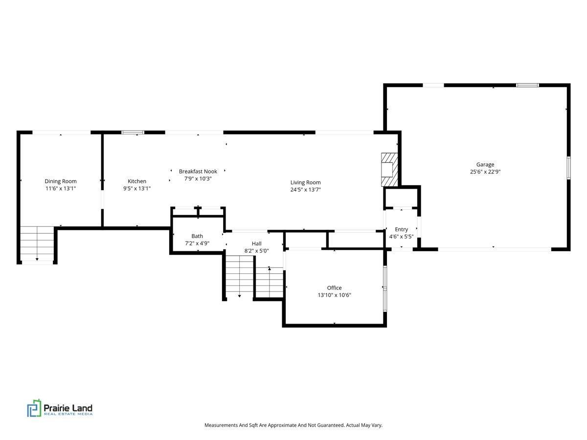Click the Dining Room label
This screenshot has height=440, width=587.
pyautogui.click(x=61, y=181)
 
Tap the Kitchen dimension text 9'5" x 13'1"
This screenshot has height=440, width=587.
pyautogui.click(x=137, y=188)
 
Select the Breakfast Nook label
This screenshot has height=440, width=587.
pyautogui.click(x=198, y=172)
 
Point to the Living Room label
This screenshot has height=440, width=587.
pyautogui.click(x=305, y=183)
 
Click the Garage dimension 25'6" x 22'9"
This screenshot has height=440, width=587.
pyautogui.click(x=485, y=172)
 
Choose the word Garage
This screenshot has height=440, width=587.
pyautogui.click(x=485, y=165)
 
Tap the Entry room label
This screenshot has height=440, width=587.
pyautogui.click(x=401, y=229)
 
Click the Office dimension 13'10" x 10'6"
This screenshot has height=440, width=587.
pyautogui.click(x=334, y=295)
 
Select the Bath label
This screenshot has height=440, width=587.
pyautogui.click(x=197, y=236)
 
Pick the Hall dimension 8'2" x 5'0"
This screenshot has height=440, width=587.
pyautogui.click(x=256, y=251)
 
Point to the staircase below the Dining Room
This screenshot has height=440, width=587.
pyautogui.click(x=37, y=244)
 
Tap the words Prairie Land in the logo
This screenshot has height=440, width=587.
pyautogui.click(x=68, y=407)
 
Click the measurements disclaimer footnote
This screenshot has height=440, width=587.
pyautogui.click(x=293, y=425)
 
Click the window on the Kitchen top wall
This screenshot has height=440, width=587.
pyautogui.click(x=133, y=132)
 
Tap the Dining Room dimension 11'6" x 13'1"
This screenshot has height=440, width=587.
pyautogui.click(x=61, y=188)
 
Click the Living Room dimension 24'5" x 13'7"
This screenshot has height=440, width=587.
pyautogui.click(x=305, y=190)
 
